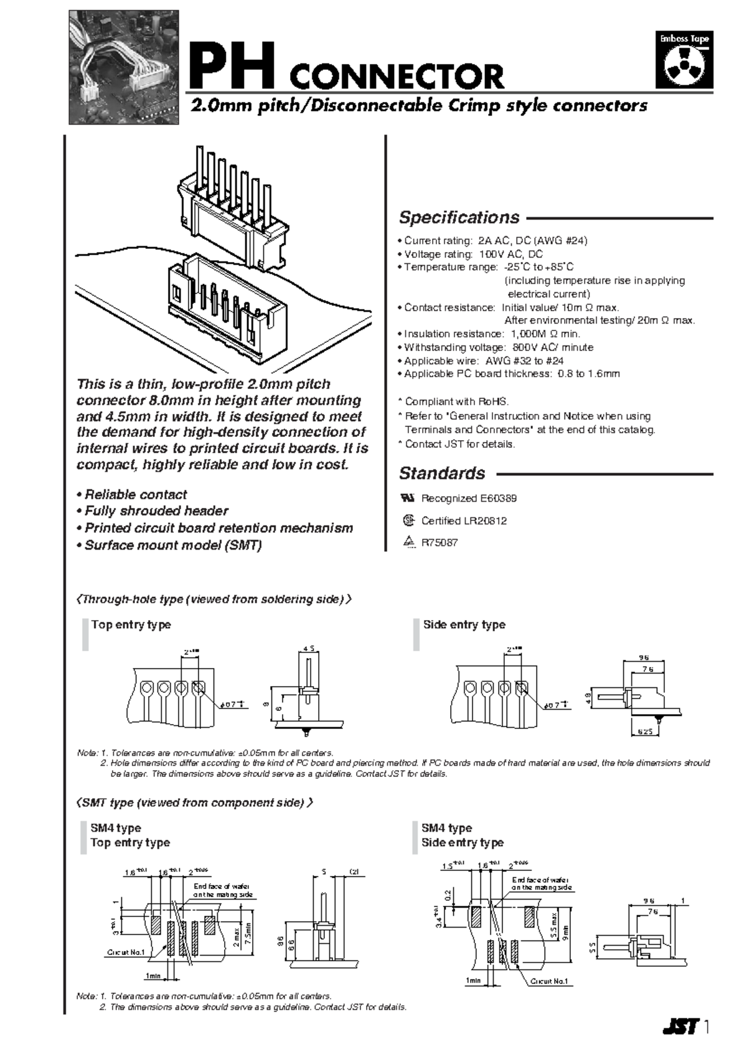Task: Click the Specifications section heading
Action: [459, 218]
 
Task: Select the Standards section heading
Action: [442, 474]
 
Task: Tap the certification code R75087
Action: [439, 543]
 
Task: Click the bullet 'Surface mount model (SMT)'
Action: [169, 545]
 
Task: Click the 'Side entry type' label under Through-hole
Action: [464, 624]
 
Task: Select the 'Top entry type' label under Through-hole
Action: [131, 624]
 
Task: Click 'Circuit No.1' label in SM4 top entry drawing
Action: [126, 952]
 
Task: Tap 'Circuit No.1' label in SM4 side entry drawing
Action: [548, 981]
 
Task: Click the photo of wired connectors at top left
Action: [123, 67]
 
